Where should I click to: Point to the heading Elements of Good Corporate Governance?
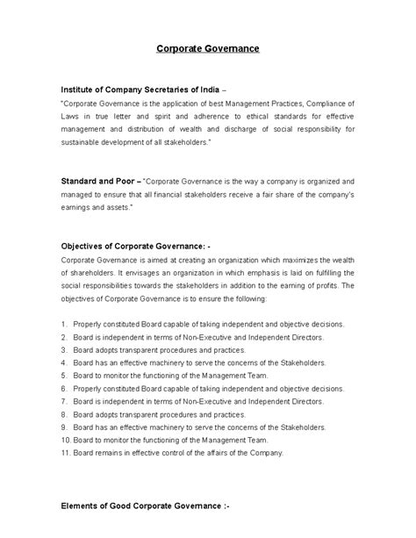pyautogui.click(x=148, y=506)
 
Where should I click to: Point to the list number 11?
pyautogui.click(x=65, y=453)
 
